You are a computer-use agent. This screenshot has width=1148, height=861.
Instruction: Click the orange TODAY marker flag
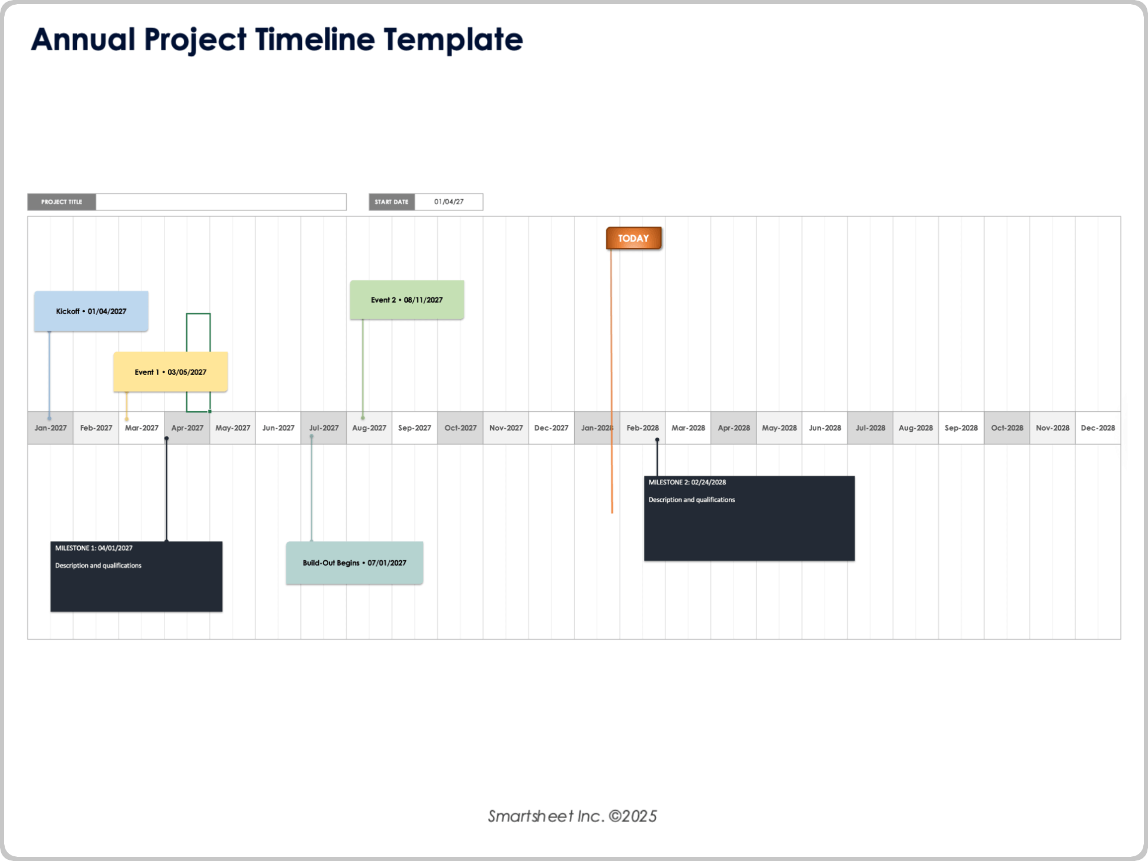(633, 238)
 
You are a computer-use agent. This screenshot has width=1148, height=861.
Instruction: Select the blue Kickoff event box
(91, 311)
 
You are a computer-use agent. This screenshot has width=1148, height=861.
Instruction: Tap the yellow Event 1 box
(170, 372)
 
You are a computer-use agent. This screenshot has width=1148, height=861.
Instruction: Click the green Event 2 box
(407, 300)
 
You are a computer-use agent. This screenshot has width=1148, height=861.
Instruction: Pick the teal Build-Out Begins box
(355, 563)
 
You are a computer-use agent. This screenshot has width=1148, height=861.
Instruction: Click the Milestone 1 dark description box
(136, 576)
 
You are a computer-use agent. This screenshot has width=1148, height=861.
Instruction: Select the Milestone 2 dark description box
(749, 518)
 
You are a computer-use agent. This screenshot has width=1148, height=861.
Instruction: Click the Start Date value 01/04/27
(448, 202)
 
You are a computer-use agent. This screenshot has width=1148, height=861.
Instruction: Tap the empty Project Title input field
(221, 202)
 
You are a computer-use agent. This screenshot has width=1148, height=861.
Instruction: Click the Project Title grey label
(62, 202)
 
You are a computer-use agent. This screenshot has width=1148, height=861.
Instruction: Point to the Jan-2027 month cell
(51, 428)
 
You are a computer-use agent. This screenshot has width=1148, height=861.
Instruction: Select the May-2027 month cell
(233, 428)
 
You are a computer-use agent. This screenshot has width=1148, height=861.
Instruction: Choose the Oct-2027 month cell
(460, 428)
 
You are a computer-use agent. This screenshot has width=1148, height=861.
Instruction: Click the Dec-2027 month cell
(551, 428)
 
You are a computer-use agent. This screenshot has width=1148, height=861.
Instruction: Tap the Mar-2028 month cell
(688, 428)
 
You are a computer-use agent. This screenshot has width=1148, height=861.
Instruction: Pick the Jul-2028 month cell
(870, 428)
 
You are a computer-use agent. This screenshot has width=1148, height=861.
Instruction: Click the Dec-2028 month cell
(1098, 428)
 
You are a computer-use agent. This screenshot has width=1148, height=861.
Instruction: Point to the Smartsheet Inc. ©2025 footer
(572, 816)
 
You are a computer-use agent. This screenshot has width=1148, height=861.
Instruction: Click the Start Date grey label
(392, 202)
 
